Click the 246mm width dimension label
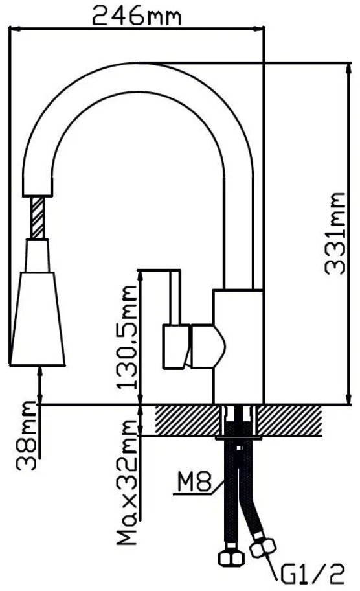137,16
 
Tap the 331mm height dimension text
334,234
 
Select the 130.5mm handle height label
126,338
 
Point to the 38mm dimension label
27,435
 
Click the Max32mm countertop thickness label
126,481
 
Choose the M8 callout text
195,481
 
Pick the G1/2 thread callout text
312,575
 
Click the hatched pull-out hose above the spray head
38,218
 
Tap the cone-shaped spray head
38,319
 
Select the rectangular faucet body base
238,347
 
